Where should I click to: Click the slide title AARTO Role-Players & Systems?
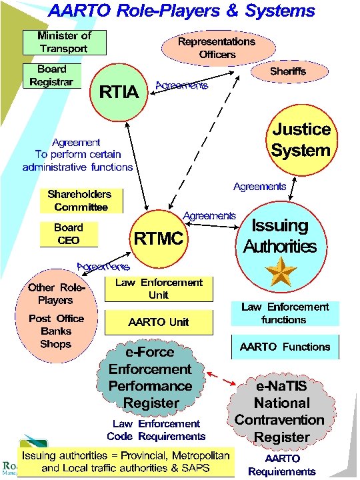181,11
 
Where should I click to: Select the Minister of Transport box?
64,42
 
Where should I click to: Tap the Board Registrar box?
52,75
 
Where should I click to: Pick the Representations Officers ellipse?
217,47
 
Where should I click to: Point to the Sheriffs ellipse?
288,70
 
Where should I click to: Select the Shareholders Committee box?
79,201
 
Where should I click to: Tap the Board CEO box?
68,234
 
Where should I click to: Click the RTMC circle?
159,238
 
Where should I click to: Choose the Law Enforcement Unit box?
159,289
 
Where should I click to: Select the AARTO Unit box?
159,322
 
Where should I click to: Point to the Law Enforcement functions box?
285,313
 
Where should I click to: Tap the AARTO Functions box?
285,347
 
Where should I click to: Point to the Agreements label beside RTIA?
181,85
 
